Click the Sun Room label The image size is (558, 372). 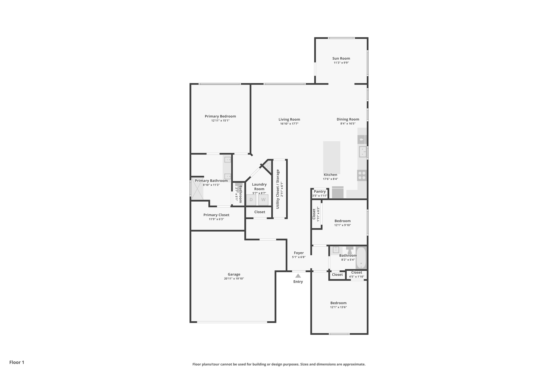tap(341, 58)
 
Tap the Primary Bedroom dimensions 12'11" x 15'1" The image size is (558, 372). tap(220, 120)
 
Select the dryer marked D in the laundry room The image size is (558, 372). tap(251, 200)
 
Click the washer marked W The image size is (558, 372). tap(263, 200)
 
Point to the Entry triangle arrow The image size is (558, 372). tap(298, 276)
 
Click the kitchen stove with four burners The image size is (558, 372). tap(362, 176)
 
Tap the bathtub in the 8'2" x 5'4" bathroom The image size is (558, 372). tap(361, 258)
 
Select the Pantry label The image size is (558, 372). tap(320, 192)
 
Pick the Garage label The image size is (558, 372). tap(234, 274)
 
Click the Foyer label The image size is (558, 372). tap(299, 253)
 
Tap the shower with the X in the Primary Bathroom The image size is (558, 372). tap(197, 189)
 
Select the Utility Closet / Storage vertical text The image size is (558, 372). tap(278, 189)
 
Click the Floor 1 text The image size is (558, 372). tap(17, 362)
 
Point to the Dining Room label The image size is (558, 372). tap(348, 119)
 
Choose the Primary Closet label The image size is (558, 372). tap(216, 215)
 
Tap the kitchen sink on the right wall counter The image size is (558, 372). tap(362, 152)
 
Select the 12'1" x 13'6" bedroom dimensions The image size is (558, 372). tap(338, 307)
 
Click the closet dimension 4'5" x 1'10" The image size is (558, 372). tap(356, 277)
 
